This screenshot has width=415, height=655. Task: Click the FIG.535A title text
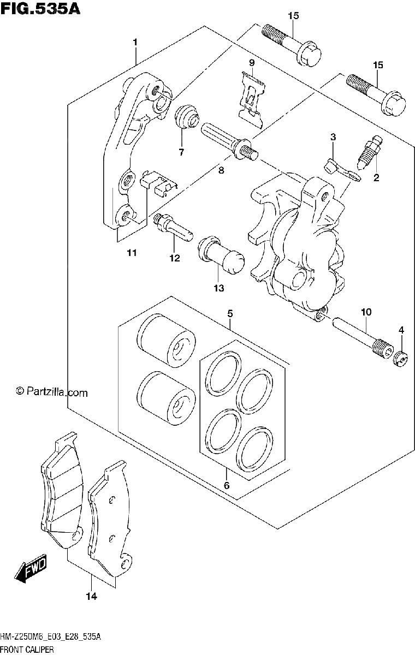[x=40, y=9]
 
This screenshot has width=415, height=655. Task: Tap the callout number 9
[x=252, y=63]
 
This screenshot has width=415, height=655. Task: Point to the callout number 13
[x=219, y=288]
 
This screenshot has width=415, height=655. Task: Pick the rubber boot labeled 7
[x=187, y=116]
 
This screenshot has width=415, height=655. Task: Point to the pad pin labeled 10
[x=363, y=338]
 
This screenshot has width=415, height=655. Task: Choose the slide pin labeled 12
[x=173, y=227]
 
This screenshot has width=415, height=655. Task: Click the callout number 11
[x=132, y=252]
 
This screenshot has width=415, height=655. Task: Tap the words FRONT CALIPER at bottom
[x=27, y=649]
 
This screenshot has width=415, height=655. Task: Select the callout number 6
[x=227, y=485]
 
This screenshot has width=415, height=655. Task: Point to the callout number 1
[x=135, y=43]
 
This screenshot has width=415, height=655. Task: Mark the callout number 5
[x=230, y=314]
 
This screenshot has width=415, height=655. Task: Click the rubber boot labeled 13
[x=221, y=255]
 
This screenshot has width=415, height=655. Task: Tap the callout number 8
[x=221, y=170]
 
